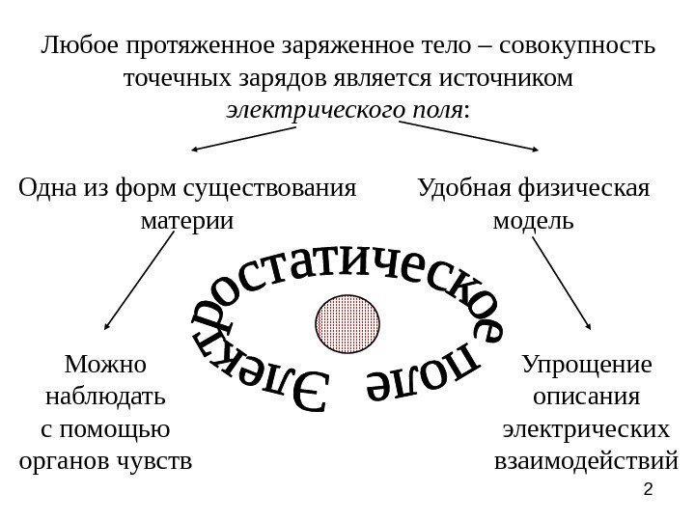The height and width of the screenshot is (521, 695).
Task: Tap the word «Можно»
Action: [104, 365]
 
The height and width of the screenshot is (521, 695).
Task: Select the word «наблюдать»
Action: [105, 397]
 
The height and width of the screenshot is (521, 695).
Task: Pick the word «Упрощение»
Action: [586, 365]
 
